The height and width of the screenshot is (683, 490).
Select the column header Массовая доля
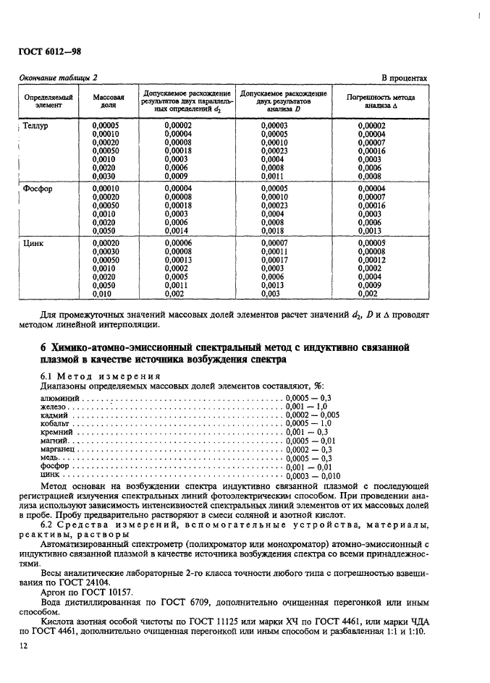click(x=109, y=100)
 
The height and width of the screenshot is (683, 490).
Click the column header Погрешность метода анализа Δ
click(x=382, y=100)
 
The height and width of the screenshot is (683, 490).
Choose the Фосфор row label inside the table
click(x=40, y=189)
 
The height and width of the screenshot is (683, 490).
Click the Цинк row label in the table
click(x=35, y=243)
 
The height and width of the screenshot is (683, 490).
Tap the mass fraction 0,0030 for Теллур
click(x=106, y=176)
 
